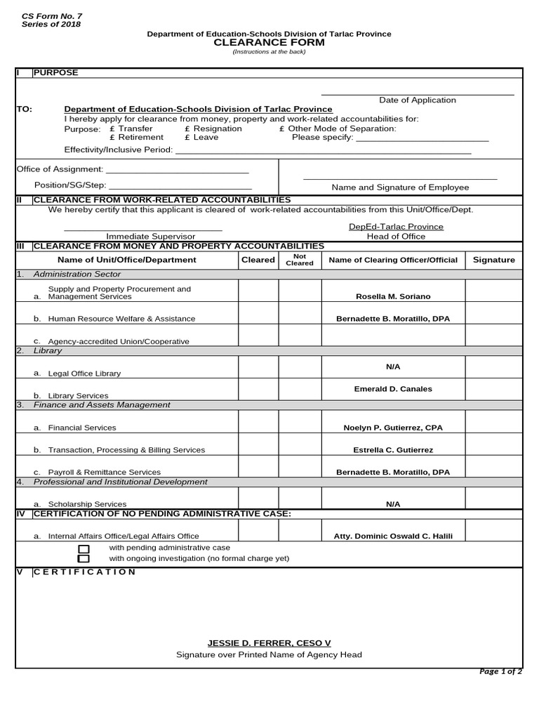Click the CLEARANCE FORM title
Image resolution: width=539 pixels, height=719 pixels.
(269, 43)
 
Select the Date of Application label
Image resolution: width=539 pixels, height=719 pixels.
(417, 100)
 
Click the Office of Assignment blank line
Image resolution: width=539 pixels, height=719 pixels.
(177, 169)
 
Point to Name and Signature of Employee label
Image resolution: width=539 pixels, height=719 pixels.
(400, 187)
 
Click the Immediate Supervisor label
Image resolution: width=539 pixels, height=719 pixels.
(150, 237)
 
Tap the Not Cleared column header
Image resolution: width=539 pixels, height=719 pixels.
(300, 260)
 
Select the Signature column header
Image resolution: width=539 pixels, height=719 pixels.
(493, 260)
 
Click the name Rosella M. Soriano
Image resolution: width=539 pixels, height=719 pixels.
(393, 297)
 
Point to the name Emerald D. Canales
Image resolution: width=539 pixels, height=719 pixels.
(393, 389)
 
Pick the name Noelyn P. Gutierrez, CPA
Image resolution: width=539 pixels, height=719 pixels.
(393, 428)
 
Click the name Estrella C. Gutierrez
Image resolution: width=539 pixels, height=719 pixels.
(393, 450)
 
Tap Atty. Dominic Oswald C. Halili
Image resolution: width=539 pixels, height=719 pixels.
(393, 536)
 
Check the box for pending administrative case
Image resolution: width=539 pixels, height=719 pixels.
(84, 548)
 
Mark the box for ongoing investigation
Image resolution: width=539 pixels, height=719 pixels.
(84, 559)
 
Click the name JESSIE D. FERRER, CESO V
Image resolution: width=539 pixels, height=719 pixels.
(269, 643)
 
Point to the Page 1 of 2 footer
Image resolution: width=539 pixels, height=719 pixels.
(500, 672)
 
